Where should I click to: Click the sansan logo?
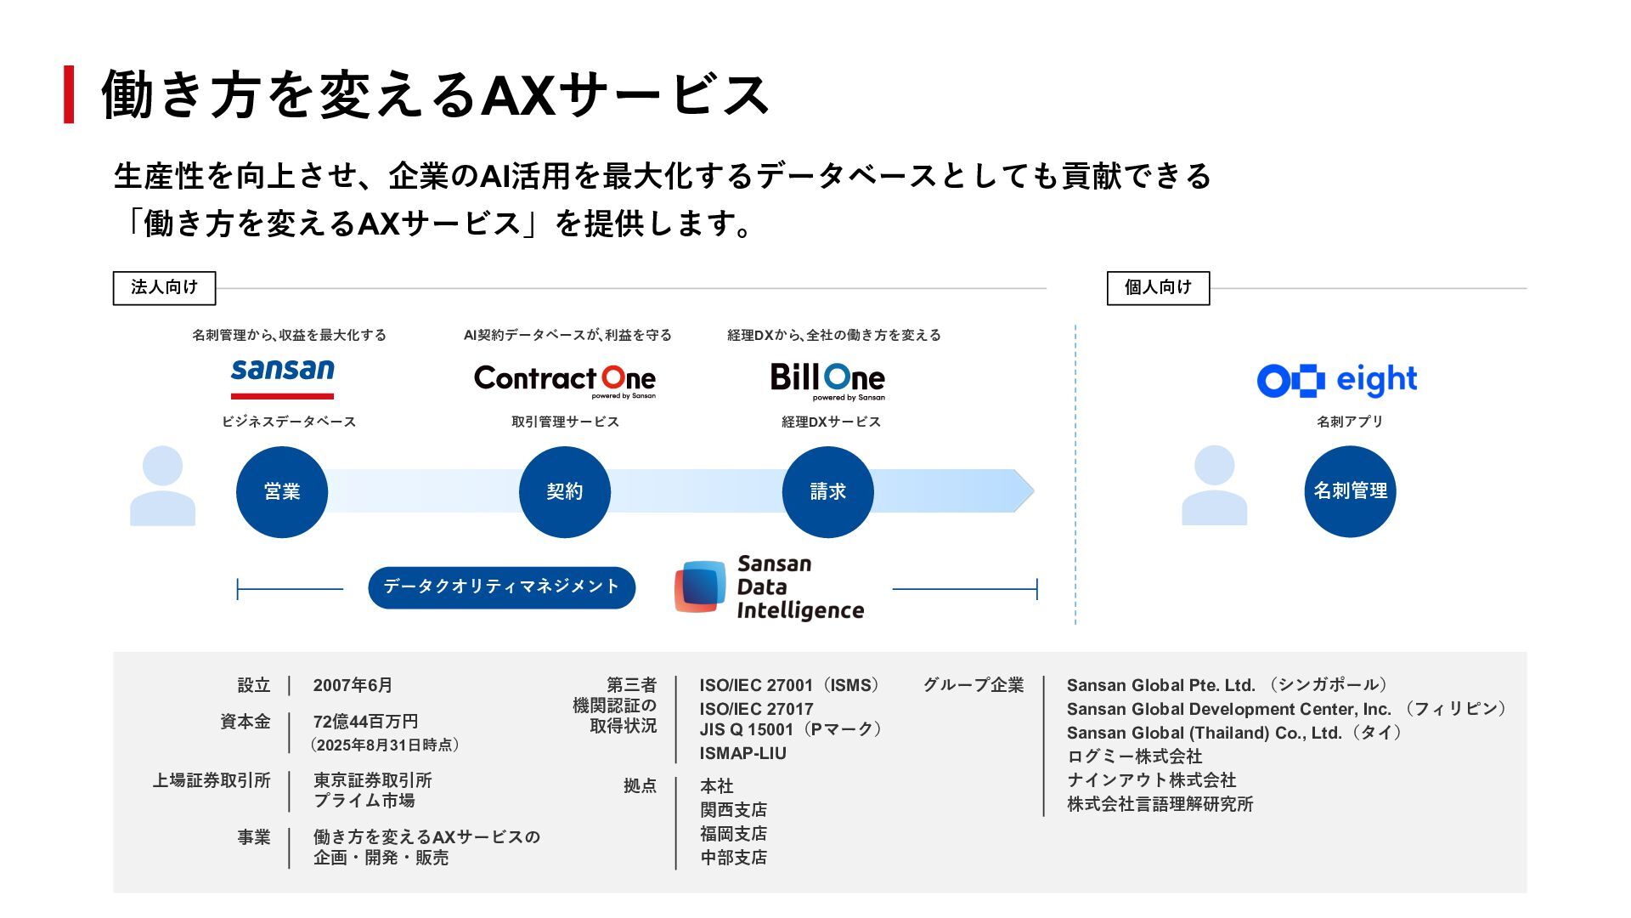(282, 377)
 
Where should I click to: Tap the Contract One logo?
(565, 380)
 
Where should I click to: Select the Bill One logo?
(827, 380)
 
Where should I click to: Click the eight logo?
(1337, 380)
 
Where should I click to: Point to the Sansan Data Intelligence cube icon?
(701, 586)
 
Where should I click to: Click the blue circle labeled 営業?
(282, 491)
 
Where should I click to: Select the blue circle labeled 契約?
(565, 491)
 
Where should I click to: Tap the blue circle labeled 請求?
(827, 491)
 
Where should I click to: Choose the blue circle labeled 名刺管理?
(1350, 491)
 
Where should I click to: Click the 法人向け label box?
(164, 288)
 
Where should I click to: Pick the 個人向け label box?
(1158, 288)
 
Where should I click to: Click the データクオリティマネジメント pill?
(501, 587)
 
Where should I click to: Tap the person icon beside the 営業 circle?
(162, 486)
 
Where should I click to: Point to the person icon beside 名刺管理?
(1214, 486)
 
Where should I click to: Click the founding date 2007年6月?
(353, 685)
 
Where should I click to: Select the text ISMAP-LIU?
(742, 753)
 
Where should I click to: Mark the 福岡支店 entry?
(733, 834)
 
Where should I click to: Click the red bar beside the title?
(69, 94)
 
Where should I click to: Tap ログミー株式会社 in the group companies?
(1134, 756)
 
